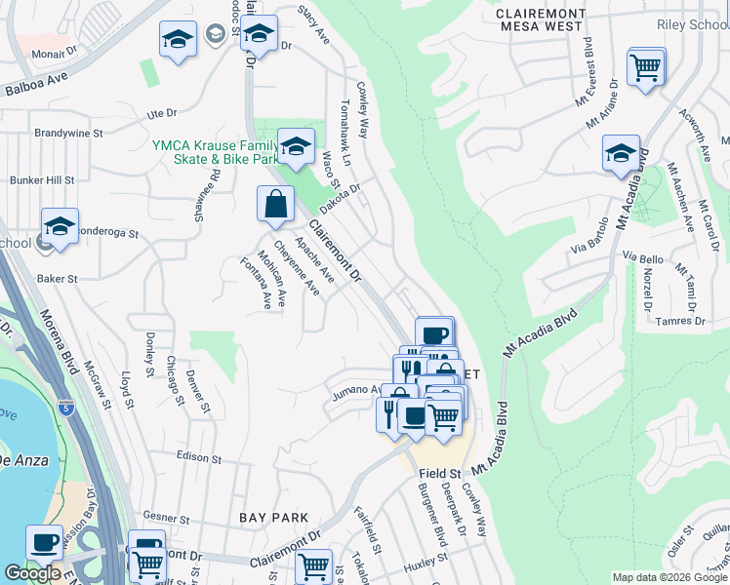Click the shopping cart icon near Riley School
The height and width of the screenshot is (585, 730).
[x=646, y=68]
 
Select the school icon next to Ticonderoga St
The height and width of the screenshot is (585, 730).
[x=60, y=227]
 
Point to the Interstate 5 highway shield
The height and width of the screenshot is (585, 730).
[x=65, y=408]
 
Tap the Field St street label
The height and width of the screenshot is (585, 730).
[x=426, y=471]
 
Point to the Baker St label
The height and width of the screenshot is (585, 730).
[x=57, y=279]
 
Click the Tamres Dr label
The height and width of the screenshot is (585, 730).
[x=681, y=321]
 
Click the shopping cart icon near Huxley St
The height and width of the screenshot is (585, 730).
[x=313, y=565]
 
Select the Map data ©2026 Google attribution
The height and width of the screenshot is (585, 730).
[x=669, y=577]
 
